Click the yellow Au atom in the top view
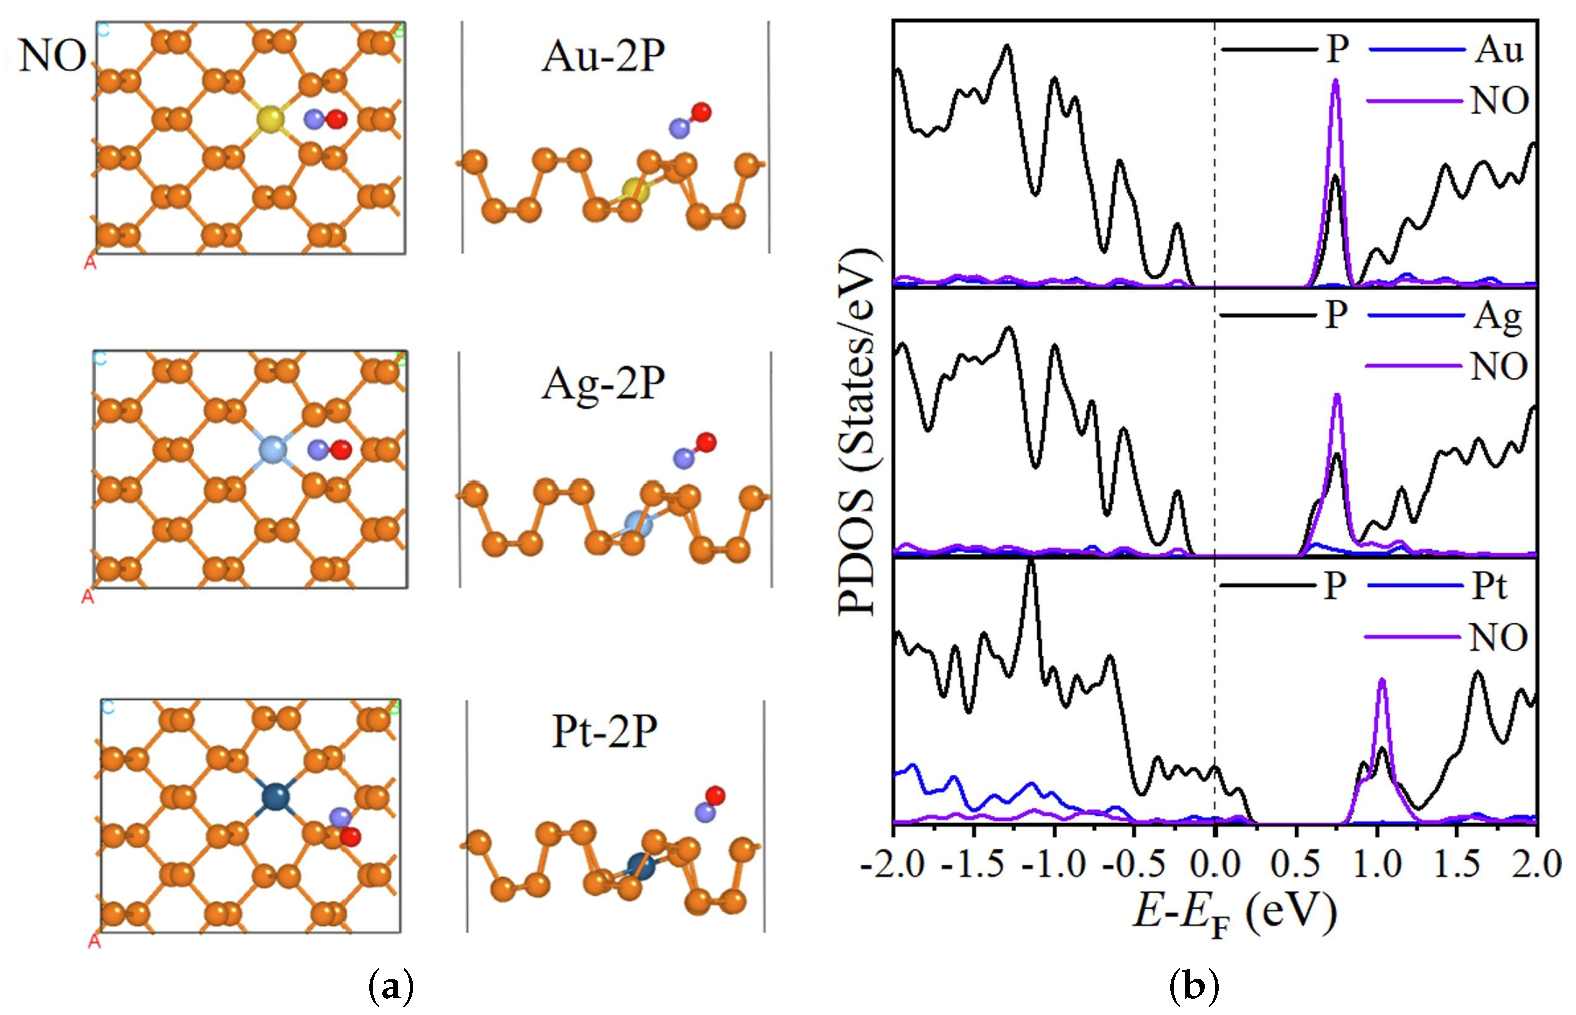(270, 120)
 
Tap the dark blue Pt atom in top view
(275, 797)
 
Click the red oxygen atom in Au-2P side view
(701, 112)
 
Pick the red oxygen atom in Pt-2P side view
(715, 796)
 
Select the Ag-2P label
(603, 383)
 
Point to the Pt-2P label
(604, 731)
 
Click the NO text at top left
(52, 56)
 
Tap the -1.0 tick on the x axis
(1054, 864)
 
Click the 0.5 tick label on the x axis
(1296, 864)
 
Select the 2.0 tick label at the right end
(1536, 864)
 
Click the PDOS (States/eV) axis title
(859, 431)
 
